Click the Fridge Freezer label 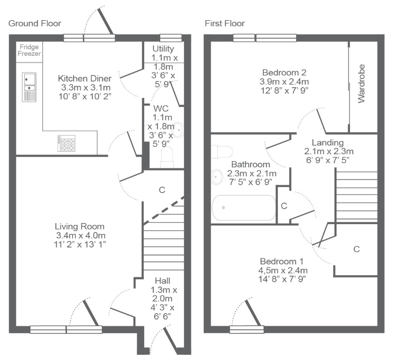point(30,50)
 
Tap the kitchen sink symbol point(30,87)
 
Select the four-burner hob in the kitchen point(67,143)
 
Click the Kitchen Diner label point(85,78)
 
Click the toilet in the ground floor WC point(167,157)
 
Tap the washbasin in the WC point(178,130)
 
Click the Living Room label point(80,226)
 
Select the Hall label point(163,280)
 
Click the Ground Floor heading point(35,23)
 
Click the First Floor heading point(225,23)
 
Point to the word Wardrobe point(361,83)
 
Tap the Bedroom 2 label point(284,73)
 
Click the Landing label point(327,142)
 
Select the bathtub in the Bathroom point(244,208)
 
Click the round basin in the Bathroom point(217,177)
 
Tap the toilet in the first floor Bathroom point(222,151)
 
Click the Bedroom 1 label point(282,262)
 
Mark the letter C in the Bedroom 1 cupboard point(356,249)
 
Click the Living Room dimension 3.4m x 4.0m point(81,235)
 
